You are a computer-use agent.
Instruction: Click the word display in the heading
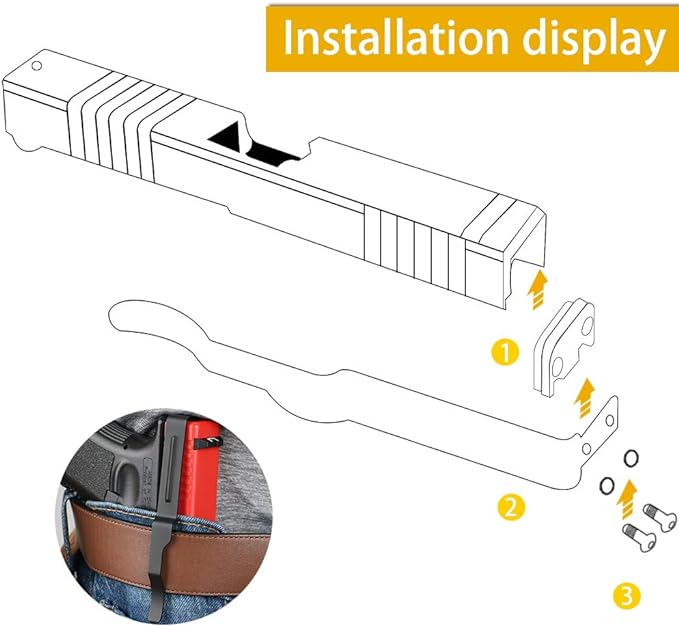click(x=590, y=37)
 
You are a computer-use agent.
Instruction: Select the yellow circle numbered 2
click(x=510, y=507)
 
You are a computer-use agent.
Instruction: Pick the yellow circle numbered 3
click(x=625, y=597)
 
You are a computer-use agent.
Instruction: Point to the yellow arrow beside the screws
click(x=627, y=493)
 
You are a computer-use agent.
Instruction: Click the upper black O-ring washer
click(x=631, y=457)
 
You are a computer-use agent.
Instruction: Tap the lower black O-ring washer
click(x=606, y=485)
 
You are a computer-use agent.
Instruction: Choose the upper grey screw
click(x=659, y=512)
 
